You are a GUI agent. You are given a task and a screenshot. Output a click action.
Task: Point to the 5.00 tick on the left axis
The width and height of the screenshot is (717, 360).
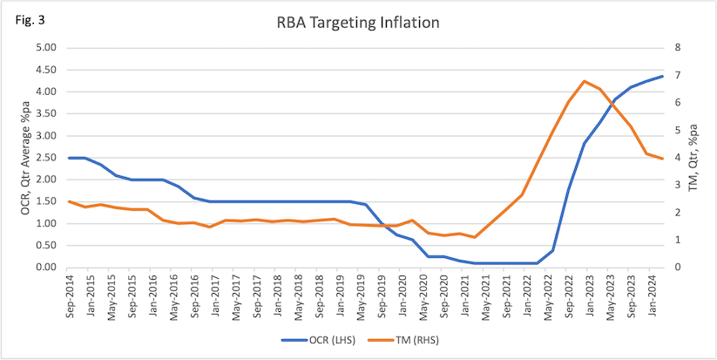click(44, 48)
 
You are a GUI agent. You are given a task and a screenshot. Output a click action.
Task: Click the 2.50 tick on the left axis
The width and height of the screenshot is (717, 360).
click(44, 158)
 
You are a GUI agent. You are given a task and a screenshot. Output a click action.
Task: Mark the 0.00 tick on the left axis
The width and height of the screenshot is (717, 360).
click(44, 268)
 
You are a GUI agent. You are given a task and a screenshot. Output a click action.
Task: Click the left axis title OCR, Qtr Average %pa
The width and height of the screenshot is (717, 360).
click(24, 158)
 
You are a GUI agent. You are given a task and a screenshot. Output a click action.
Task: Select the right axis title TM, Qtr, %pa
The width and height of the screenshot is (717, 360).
click(694, 158)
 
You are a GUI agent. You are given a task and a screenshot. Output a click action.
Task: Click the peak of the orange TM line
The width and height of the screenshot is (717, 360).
click(584, 81)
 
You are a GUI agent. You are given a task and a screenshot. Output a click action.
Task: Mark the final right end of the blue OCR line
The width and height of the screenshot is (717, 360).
click(662, 76)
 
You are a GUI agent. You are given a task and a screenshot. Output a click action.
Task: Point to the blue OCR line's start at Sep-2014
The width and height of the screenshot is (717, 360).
click(70, 158)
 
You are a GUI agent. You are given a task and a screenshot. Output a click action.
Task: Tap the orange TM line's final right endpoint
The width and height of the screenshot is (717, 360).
click(662, 159)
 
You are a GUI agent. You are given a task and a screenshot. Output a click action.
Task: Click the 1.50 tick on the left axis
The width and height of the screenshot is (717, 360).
click(44, 201)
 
